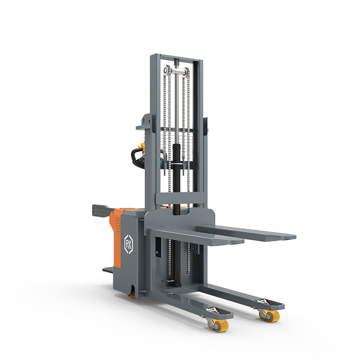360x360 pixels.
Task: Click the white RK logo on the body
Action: (128, 244)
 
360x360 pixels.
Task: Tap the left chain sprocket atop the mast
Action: (167, 70)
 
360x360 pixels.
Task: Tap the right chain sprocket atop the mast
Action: (187, 72)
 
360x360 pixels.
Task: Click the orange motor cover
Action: (116, 237)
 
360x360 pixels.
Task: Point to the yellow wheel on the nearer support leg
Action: (221, 325)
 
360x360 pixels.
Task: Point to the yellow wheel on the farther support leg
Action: (272, 316)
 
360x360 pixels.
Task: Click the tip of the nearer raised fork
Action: (244, 241)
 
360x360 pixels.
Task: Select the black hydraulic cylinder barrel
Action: (176, 179)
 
